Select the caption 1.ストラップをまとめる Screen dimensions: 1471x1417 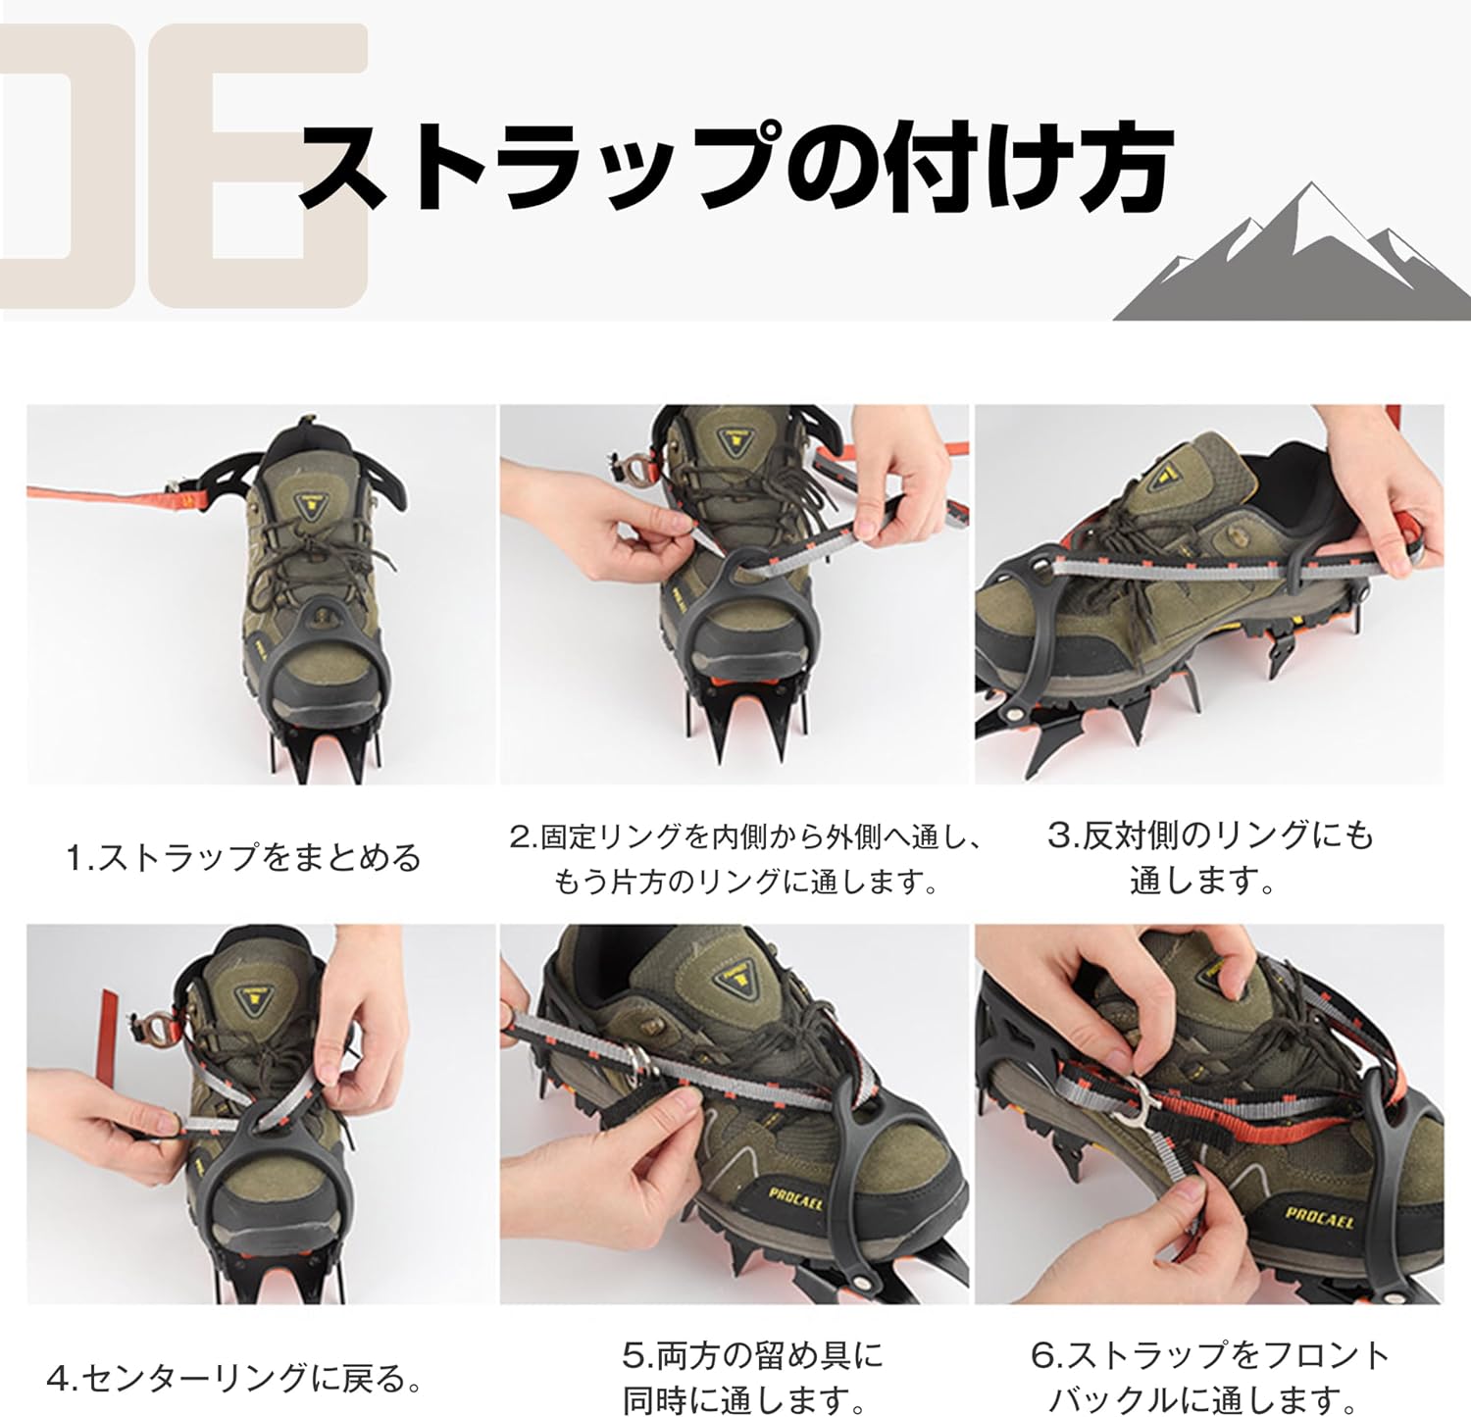(x=243, y=858)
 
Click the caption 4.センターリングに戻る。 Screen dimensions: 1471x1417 (x=235, y=1379)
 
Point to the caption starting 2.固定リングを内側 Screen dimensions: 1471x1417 (x=746, y=859)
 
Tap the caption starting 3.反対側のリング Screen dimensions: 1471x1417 (x=1210, y=858)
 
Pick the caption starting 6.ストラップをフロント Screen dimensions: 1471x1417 (x=1210, y=1379)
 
